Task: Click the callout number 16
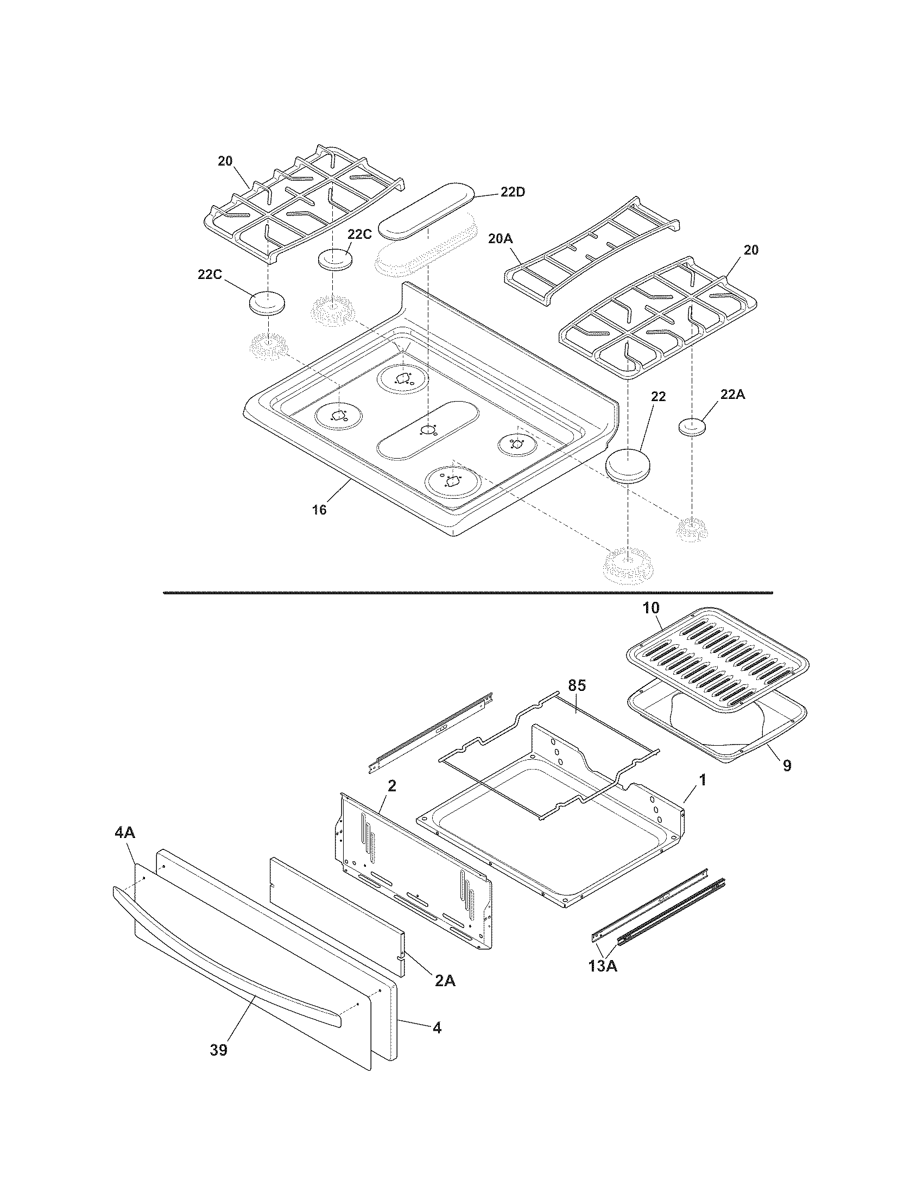pyautogui.click(x=319, y=510)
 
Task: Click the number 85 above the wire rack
pyautogui.click(x=577, y=685)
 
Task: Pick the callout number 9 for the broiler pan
pyautogui.click(x=786, y=766)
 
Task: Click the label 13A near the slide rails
pyautogui.click(x=603, y=966)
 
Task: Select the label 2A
pyautogui.click(x=445, y=981)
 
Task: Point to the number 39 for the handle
pyautogui.click(x=218, y=1050)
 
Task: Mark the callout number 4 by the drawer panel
pyautogui.click(x=437, y=1028)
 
